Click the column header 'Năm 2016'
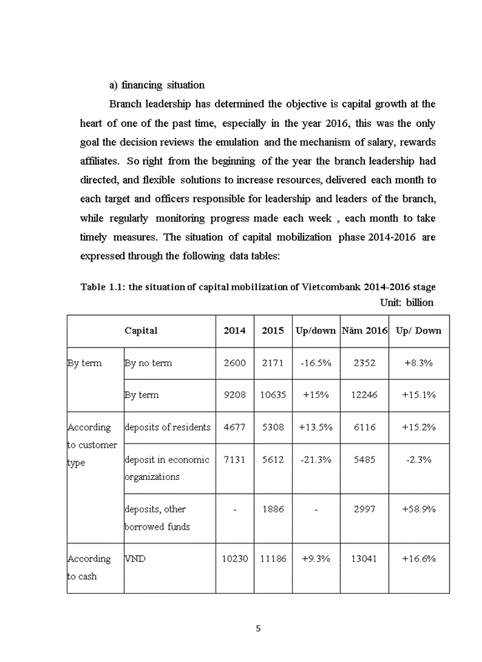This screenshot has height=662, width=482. (x=365, y=330)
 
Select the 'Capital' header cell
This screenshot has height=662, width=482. (x=140, y=330)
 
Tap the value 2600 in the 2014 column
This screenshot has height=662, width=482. (x=234, y=363)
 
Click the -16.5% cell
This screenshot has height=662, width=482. (x=315, y=363)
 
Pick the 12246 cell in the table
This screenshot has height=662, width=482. (x=365, y=395)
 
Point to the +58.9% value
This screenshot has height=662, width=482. (x=419, y=509)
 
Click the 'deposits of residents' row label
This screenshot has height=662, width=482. (x=167, y=428)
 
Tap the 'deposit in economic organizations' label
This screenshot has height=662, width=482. (x=167, y=468)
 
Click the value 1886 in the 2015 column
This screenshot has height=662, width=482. (x=273, y=509)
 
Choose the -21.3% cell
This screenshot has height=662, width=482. (x=315, y=460)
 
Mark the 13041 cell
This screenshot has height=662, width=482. (x=365, y=559)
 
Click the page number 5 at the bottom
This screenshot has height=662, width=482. (x=258, y=628)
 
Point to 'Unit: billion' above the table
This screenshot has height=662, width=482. (x=407, y=302)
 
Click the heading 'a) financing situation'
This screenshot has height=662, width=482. (x=157, y=85)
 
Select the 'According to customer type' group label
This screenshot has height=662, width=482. (x=92, y=445)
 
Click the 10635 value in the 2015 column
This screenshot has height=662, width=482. (x=273, y=395)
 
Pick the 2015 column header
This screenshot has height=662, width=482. (x=273, y=330)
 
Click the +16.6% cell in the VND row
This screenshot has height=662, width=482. (x=419, y=559)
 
